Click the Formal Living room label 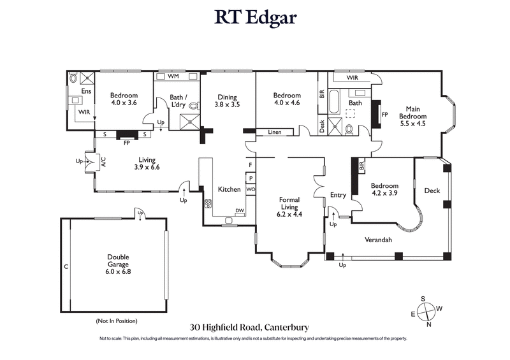[289, 206]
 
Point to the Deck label [432, 191]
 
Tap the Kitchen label [229, 189]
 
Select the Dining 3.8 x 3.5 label [227, 101]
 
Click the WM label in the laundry [173, 76]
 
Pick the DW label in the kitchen [240, 212]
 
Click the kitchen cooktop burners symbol [207, 205]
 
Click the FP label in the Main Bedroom [384, 115]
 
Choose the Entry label [337, 195]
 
